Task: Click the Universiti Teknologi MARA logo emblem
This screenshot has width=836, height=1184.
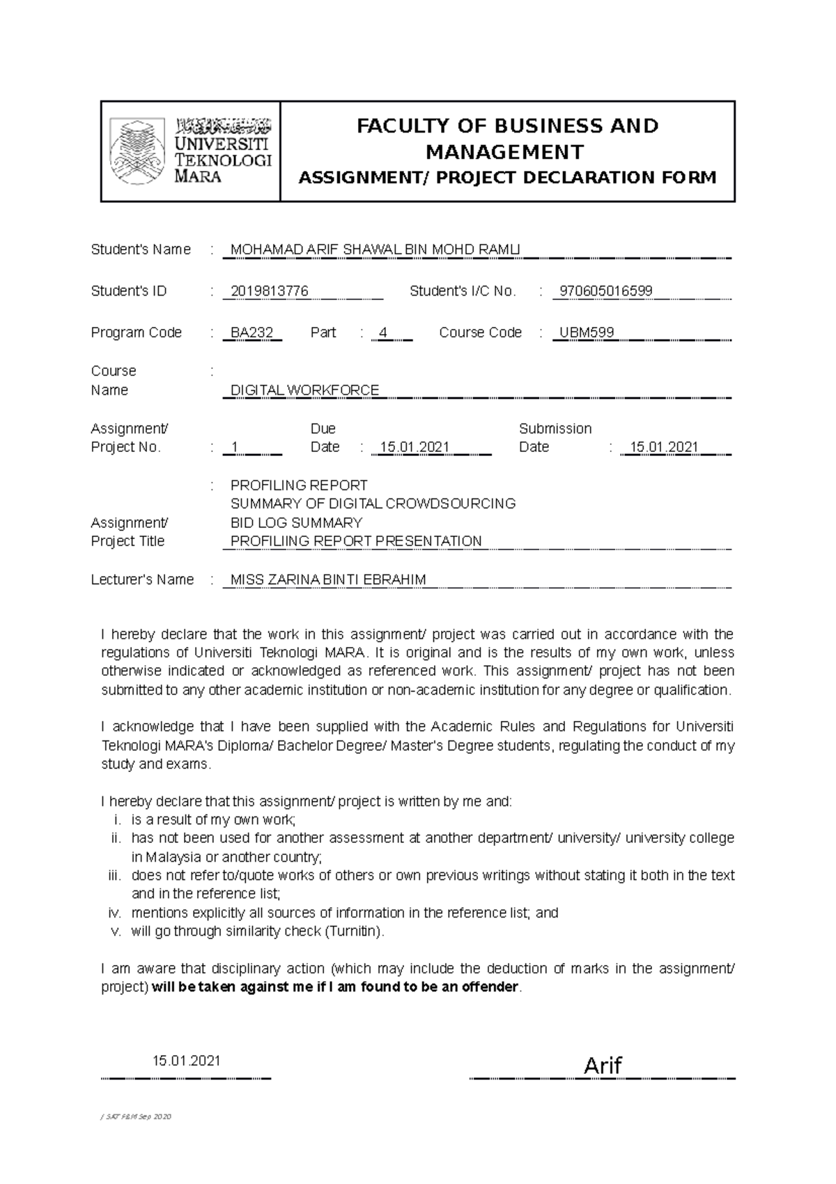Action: click(138, 151)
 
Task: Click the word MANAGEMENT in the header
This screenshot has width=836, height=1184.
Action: click(506, 151)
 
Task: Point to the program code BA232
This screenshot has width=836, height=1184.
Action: click(251, 333)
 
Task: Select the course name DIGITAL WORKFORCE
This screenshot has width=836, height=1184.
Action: click(304, 390)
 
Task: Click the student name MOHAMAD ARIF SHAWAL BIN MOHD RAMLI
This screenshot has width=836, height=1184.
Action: click(375, 250)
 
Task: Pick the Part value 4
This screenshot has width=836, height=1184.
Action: click(382, 333)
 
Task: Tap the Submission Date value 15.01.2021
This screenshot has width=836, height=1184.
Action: click(663, 447)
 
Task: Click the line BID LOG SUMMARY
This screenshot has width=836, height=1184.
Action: click(296, 523)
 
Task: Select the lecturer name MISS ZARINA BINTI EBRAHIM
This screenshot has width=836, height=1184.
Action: click(327, 580)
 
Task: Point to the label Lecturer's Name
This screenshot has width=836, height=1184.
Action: click(142, 580)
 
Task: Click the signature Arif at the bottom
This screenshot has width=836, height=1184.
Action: click(603, 1065)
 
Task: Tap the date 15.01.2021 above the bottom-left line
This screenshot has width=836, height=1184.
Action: click(186, 1061)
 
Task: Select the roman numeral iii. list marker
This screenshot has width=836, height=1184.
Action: click(115, 876)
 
